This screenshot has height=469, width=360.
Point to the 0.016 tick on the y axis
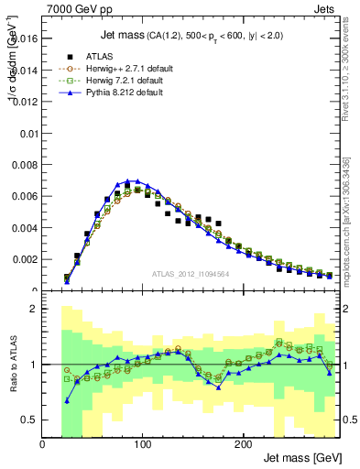tap(24, 39)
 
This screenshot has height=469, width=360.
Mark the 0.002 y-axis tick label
tap(24, 259)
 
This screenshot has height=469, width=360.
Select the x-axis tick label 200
tap(243, 444)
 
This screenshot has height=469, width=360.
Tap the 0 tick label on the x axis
tap(43, 444)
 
